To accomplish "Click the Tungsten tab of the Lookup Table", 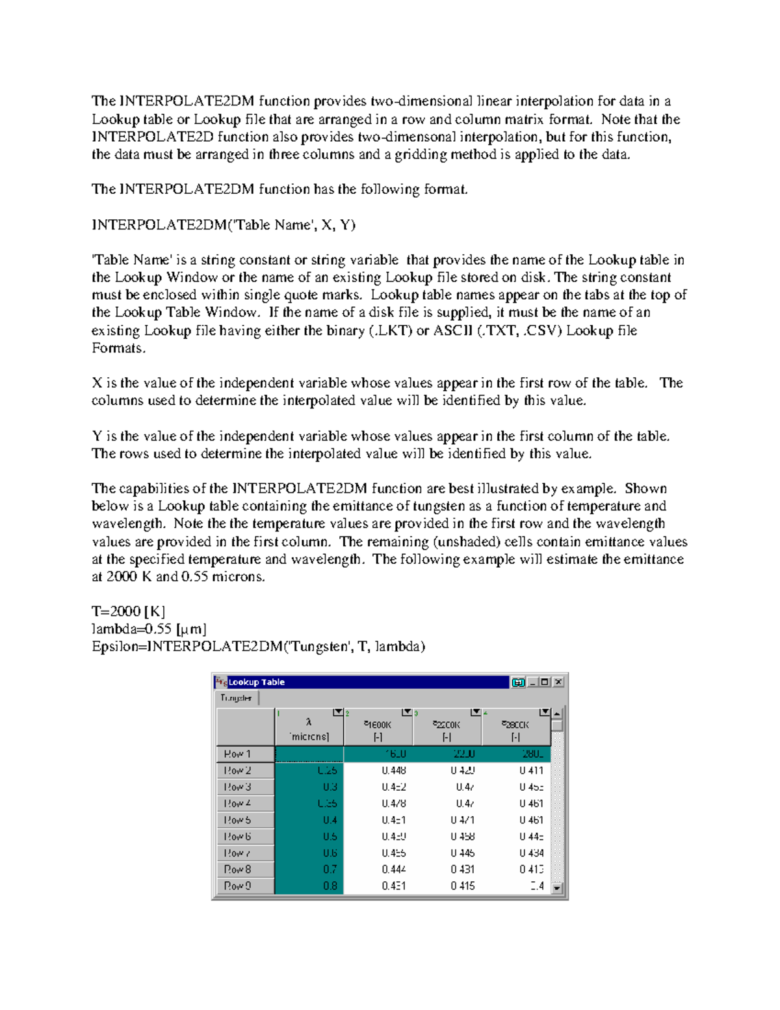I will pyautogui.click(x=236, y=698).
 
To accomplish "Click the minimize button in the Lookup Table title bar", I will pyautogui.click(x=533, y=682).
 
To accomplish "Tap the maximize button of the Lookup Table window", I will pyautogui.click(x=545, y=682).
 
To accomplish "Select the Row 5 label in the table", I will pyautogui.click(x=238, y=820).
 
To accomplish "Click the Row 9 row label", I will pyautogui.click(x=238, y=886).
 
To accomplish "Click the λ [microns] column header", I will pyautogui.click(x=309, y=729).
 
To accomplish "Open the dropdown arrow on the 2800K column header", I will pyautogui.click(x=545, y=713).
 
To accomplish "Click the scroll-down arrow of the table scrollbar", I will pyautogui.click(x=557, y=888).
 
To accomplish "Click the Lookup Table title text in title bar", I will pyautogui.click(x=257, y=682).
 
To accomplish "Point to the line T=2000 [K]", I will pyautogui.click(x=129, y=611).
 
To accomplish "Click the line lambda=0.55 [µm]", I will pyautogui.click(x=149, y=629).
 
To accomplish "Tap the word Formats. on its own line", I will pyautogui.click(x=119, y=348).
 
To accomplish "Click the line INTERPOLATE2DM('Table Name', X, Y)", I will pyautogui.click(x=224, y=225).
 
